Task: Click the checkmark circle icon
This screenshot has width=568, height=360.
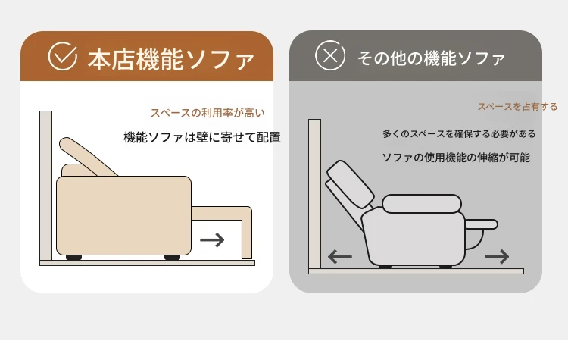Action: [63, 56]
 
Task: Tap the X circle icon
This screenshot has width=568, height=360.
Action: [330, 56]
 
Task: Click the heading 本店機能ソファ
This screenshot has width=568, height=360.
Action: [170, 59]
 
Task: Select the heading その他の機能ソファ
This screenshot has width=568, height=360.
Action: [431, 58]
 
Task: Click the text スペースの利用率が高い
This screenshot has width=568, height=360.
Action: [208, 113]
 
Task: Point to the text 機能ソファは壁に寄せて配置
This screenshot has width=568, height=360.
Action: [202, 137]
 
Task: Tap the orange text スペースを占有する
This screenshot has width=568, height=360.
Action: [517, 107]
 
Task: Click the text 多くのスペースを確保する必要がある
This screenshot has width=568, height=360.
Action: [459, 134]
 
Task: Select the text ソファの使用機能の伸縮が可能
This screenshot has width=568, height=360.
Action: [456, 158]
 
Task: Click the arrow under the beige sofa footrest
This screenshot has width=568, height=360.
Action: [212, 239]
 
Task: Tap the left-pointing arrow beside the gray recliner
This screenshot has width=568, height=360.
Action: [340, 257]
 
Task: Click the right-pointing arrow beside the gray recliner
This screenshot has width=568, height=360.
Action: [497, 257]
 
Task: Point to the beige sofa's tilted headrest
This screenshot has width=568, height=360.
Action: [87, 156]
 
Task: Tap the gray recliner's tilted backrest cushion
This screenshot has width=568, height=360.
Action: [351, 184]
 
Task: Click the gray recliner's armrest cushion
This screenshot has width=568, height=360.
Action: [422, 204]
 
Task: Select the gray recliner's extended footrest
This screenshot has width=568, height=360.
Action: [481, 224]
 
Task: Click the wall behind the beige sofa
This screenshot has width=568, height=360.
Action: [45, 186]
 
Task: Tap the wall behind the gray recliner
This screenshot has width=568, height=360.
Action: [314, 194]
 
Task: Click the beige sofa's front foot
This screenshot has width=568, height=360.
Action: [172, 258]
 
